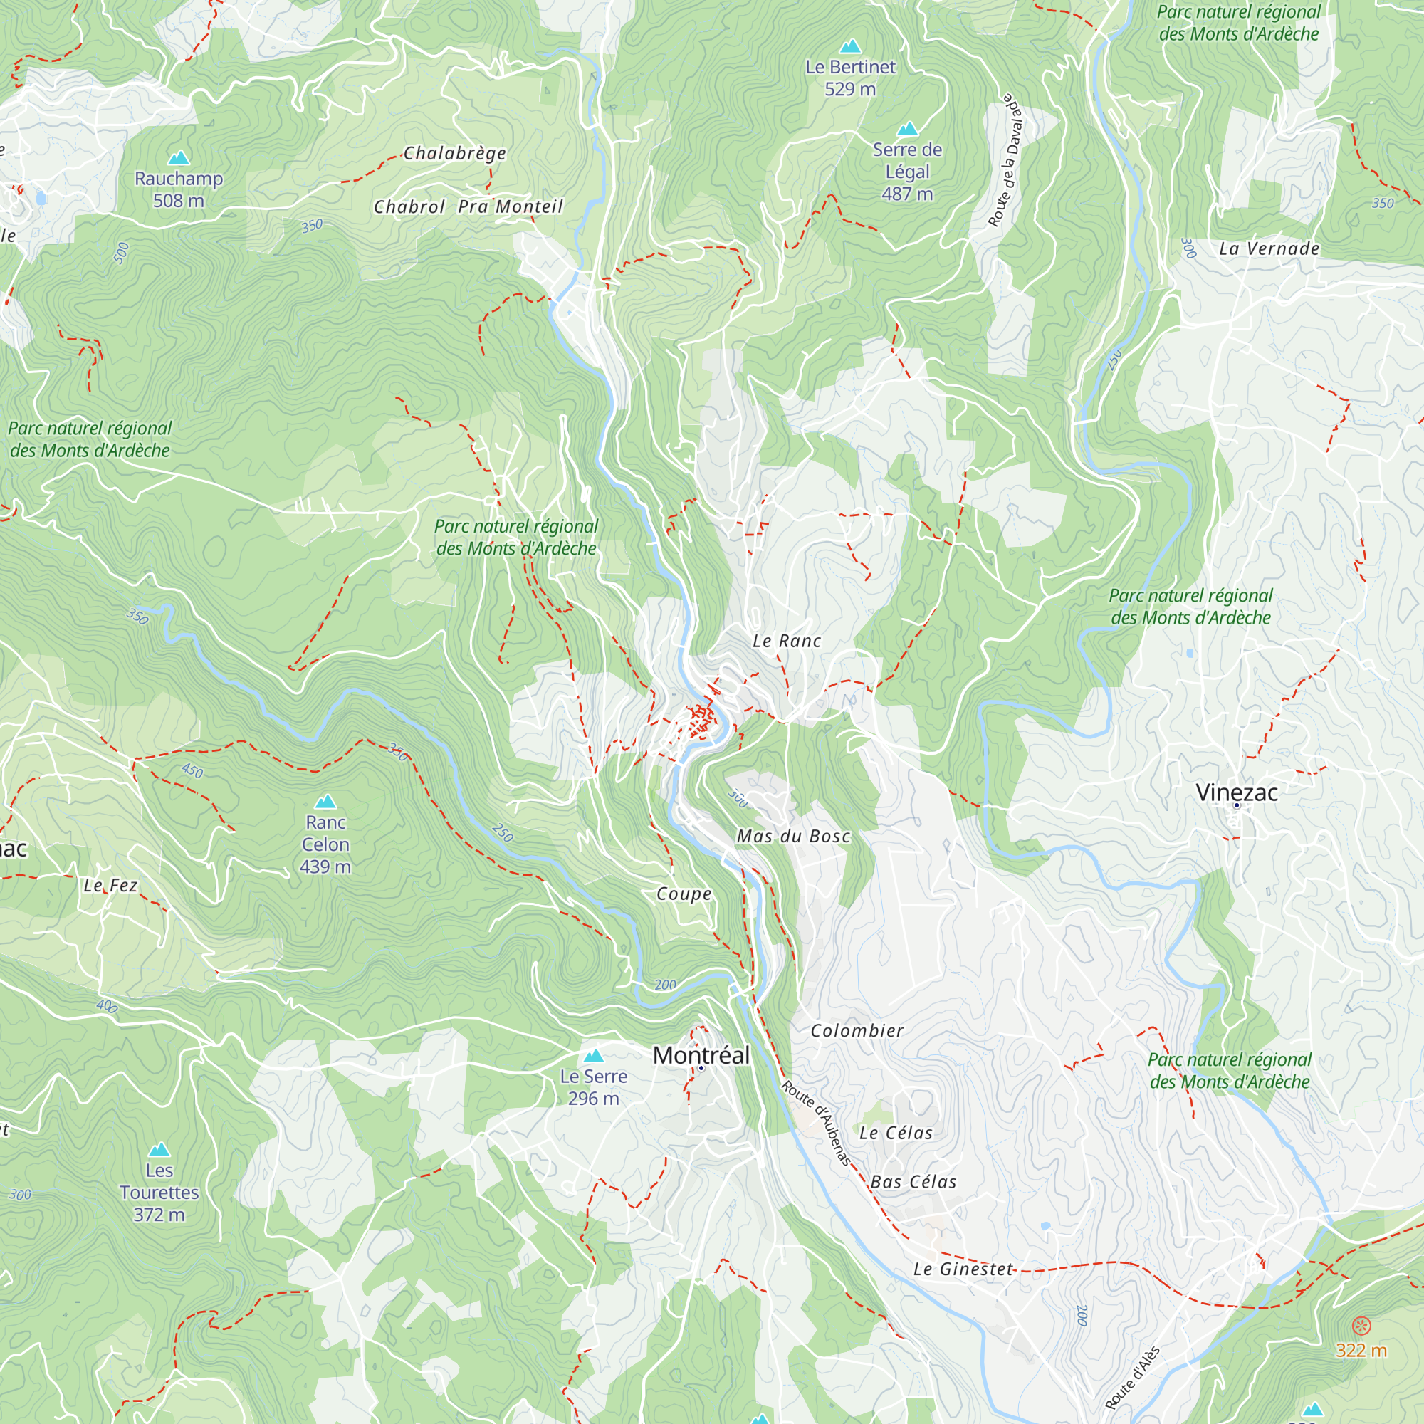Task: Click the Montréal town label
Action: pos(701,1054)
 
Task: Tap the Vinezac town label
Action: pos(1236,792)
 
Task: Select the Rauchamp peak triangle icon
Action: pos(179,158)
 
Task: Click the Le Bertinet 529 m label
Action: pos(850,78)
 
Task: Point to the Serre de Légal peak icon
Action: pos(907,129)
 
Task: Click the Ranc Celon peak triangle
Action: pos(325,801)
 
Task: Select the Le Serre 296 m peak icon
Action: pos(593,1055)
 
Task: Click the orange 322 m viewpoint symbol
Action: pos(1361,1326)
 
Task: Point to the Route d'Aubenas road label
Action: pos(817,1123)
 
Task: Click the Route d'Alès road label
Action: pos(1132,1378)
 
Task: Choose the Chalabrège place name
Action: pos(455,153)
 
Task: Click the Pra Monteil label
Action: pos(510,207)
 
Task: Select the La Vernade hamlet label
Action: pos(1269,248)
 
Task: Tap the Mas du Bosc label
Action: pos(793,836)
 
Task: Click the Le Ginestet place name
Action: pos(963,1269)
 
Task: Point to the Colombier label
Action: pos(857,1030)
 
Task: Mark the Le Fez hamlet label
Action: pos(110,885)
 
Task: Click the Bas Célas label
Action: pos(913,1181)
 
